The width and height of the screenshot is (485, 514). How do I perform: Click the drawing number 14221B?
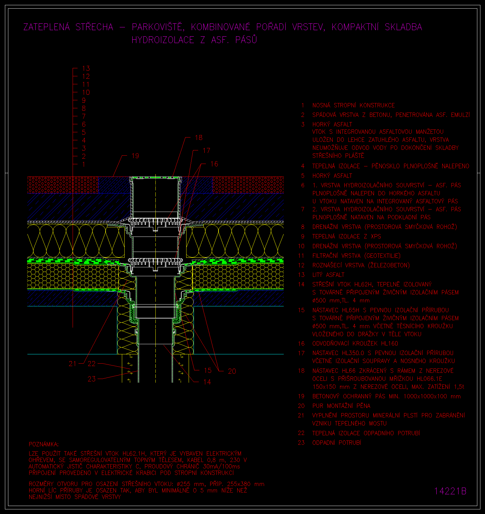coord(450,491)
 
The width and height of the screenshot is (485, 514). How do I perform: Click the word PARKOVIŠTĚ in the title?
coord(158,27)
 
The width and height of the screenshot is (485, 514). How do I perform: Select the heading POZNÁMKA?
coord(43,444)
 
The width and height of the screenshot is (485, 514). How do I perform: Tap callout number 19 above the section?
coord(135,156)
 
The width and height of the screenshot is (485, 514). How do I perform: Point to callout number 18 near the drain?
coord(198,137)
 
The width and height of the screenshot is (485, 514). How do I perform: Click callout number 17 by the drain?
coord(206,150)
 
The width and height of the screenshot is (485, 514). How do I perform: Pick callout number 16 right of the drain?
coord(214,164)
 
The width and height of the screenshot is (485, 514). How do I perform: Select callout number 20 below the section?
coord(232,371)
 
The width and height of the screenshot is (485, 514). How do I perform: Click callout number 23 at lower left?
coord(92,379)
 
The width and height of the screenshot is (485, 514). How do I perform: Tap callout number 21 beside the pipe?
coord(72,364)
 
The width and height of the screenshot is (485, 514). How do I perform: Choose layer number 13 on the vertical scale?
coord(86,68)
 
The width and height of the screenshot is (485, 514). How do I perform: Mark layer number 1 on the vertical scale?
coord(84,164)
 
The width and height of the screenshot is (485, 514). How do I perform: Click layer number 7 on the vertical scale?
coord(84,116)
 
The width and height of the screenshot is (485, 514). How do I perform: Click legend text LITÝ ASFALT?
coord(328,275)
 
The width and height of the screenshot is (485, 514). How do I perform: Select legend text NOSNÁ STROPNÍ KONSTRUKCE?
coord(354,105)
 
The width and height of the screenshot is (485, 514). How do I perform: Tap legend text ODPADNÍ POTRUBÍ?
coord(337,443)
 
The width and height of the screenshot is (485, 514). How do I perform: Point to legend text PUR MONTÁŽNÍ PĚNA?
coord(341,406)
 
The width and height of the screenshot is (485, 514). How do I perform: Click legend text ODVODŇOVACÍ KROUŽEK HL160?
coord(355,343)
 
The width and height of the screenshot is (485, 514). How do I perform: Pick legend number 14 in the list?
coord(301,284)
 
